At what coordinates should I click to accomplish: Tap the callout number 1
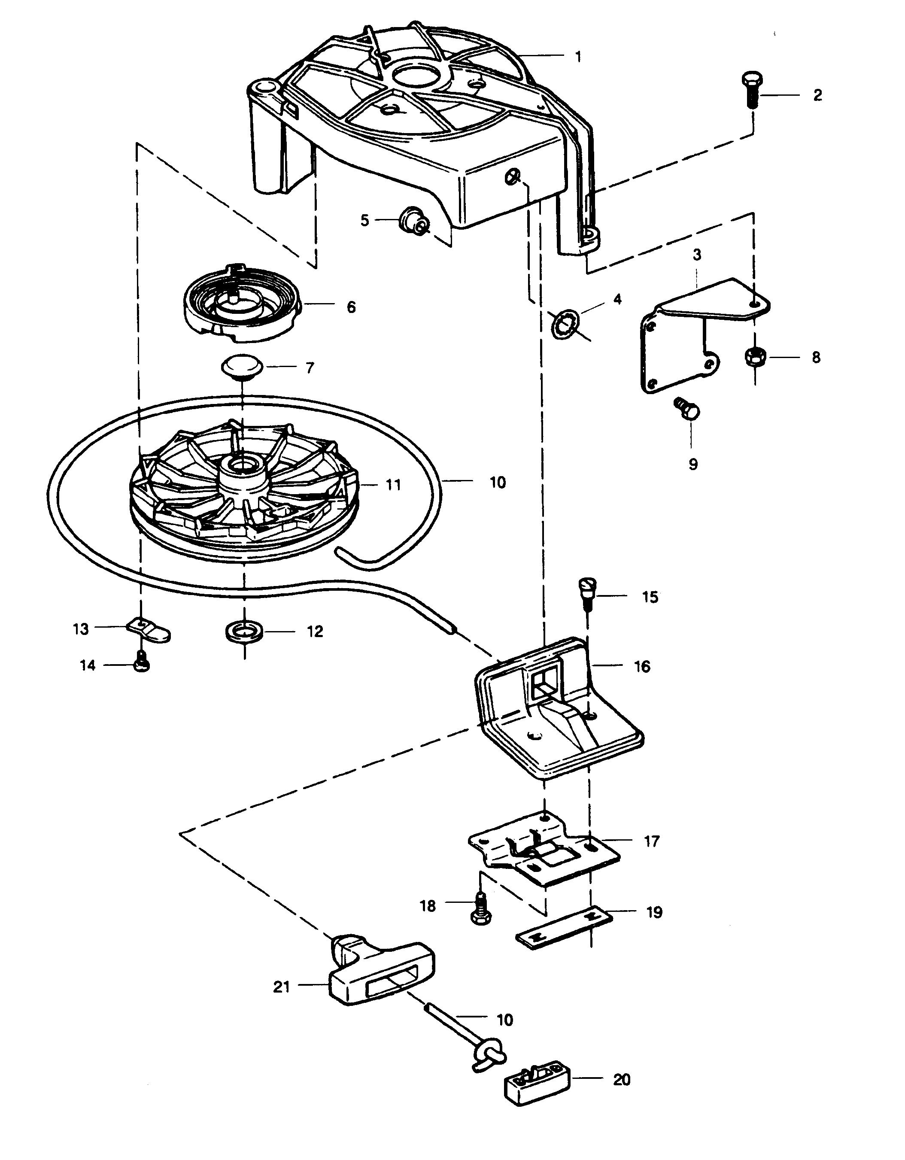578,56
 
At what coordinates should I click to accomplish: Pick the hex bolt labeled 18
480,910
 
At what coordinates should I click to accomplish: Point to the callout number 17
652,841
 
